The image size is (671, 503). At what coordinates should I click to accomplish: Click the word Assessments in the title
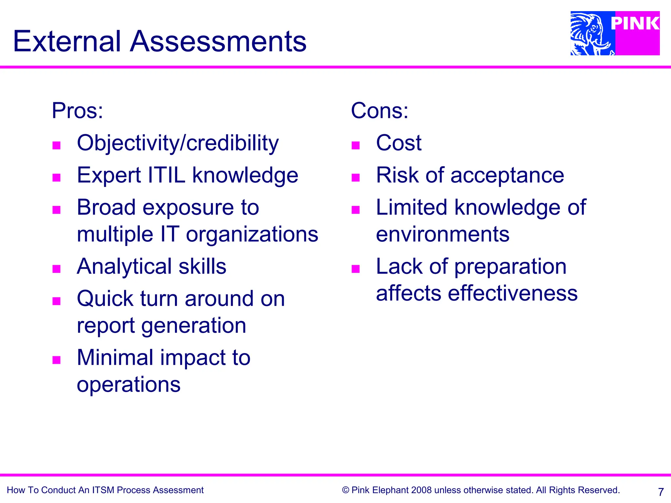tap(218, 42)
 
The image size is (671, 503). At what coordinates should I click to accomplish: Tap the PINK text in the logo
tap(635, 24)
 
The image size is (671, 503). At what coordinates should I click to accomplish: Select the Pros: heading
tap(77, 111)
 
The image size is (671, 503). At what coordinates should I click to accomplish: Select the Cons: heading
tap(379, 111)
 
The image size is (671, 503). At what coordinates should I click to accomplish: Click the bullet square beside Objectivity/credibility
tap(57, 145)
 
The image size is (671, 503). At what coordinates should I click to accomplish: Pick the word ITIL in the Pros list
tap(166, 175)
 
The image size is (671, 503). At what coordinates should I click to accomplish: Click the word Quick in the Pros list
tap(105, 299)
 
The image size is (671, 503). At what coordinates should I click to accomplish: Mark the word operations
tap(128, 384)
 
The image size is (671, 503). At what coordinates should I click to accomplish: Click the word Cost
tap(398, 143)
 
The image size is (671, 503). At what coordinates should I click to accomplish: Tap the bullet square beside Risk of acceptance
tap(355, 177)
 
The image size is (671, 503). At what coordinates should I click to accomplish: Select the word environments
tap(443, 234)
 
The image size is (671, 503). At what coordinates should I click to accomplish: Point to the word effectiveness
tap(512, 293)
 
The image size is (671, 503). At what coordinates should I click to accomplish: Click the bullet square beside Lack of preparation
tap(355, 269)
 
